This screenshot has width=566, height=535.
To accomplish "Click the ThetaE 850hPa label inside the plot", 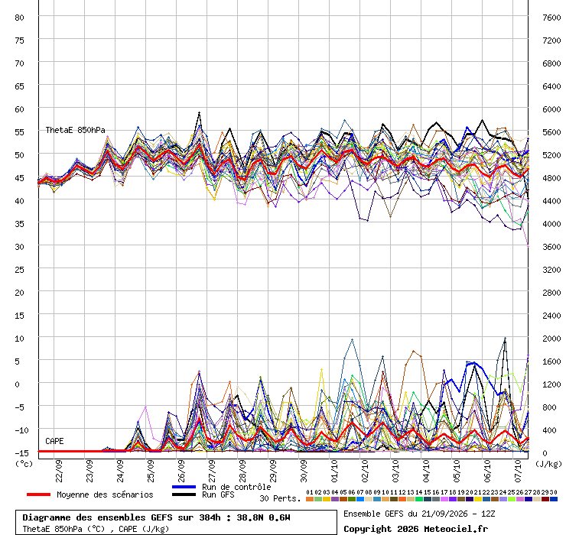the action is click(x=75, y=130).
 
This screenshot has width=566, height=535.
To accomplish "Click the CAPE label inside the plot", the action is click(x=54, y=441).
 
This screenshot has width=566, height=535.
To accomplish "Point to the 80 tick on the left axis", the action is click(x=19, y=18).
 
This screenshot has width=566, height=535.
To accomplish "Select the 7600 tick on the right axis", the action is click(x=551, y=18).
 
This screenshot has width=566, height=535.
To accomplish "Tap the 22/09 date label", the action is click(x=59, y=471).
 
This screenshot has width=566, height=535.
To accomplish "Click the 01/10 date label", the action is click(x=334, y=471).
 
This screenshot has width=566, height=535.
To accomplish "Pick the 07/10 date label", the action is click(x=518, y=471).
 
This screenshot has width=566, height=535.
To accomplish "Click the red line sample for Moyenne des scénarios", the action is click(x=38, y=494).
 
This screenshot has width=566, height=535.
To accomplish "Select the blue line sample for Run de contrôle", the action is click(x=184, y=487).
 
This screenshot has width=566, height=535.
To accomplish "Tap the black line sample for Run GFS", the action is click(x=184, y=494).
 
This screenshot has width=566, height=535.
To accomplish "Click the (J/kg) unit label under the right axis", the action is click(x=548, y=464).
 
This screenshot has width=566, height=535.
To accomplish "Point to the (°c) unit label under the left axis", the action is click(x=24, y=464).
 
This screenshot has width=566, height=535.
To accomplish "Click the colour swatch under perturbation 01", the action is click(x=310, y=499).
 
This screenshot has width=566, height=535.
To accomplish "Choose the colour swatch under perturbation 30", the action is click(x=553, y=499).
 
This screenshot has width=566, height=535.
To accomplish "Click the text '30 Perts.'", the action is click(x=280, y=498).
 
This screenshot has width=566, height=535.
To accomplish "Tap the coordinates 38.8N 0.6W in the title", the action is click(x=263, y=517).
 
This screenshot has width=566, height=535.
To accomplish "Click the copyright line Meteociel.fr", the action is click(x=415, y=529).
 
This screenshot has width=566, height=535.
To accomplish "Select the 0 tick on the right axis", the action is click(x=545, y=453).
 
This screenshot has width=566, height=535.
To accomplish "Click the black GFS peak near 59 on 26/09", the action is click(x=199, y=113).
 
